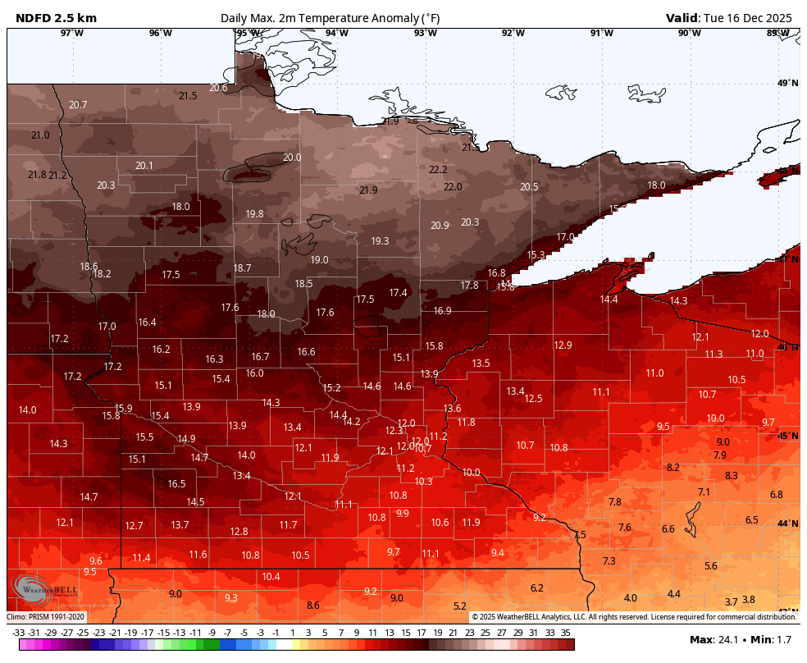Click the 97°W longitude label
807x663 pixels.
coord(72,33)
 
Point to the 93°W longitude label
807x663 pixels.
coord(425,33)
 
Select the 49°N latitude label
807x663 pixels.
coord(787,84)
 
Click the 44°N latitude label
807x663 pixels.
coord(787,524)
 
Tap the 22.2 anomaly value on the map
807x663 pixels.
coord(439,170)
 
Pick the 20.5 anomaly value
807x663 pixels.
coord(530,187)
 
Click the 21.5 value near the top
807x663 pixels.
coord(188,96)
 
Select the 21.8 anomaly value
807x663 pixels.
coord(37,175)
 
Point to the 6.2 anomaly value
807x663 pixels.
coord(537,588)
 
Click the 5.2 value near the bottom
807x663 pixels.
coord(460,606)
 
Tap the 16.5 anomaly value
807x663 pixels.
coord(177,484)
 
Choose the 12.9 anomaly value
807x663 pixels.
coord(563,345)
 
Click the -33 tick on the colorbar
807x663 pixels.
coord(18,633)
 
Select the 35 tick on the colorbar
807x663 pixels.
coord(566,633)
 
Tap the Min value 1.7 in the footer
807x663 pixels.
coord(786,640)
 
